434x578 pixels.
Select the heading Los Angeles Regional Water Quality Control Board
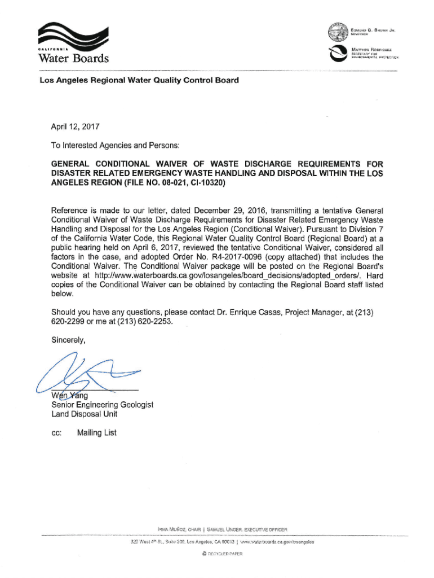tap(139, 80)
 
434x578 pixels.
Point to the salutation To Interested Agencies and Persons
tap(116, 145)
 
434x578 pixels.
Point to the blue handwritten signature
tap(85, 373)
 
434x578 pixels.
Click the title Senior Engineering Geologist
tap(102, 405)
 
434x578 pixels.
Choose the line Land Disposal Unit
tap(85, 414)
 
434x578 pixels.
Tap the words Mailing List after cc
tap(97, 432)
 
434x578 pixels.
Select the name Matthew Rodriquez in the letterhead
tap(373, 49)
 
